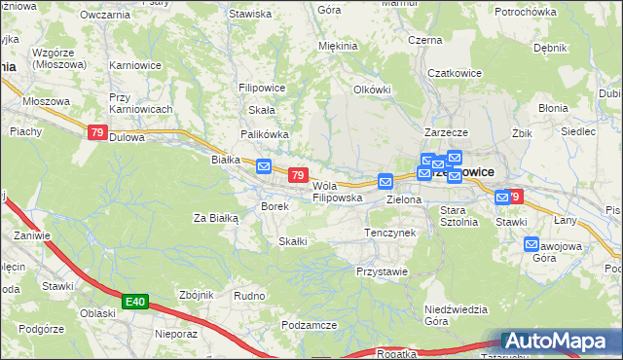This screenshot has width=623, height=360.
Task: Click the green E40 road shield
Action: pyautogui.click(x=135, y=304)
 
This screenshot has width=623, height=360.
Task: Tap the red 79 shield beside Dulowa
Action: pyautogui.click(x=97, y=133)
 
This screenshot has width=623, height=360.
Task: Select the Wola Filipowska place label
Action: pyautogui.click(x=337, y=191)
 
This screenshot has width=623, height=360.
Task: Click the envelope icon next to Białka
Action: pyautogui.click(x=264, y=167)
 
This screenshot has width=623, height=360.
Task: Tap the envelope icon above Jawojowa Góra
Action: pyautogui.click(x=531, y=244)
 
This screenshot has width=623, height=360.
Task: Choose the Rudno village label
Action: pyautogui.click(x=249, y=295)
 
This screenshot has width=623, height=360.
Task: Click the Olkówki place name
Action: pyautogui.click(x=372, y=89)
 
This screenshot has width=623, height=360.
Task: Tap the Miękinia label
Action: pyautogui.click(x=338, y=46)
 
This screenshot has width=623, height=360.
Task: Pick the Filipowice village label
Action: pyautogui.click(x=261, y=87)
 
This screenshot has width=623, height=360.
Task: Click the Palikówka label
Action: pyautogui.click(x=263, y=134)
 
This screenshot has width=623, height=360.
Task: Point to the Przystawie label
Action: pyautogui.click(x=382, y=271)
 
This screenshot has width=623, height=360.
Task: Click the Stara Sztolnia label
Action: pyautogui.click(x=458, y=215)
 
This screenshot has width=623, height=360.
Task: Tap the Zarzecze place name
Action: pyautogui.click(x=447, y=131)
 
